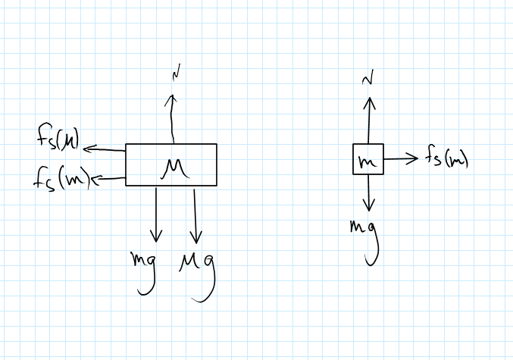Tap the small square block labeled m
(368, 160)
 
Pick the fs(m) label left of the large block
(62, 180)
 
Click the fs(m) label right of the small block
(446, 159)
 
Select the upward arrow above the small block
(370, 118)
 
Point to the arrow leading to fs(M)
(105, 149)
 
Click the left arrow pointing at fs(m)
(108, 179)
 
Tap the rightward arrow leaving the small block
(401, 159)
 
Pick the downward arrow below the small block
(369, 193)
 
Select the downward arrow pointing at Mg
(196, 215)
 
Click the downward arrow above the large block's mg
(157, 214)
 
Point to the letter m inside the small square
(368, 161)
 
